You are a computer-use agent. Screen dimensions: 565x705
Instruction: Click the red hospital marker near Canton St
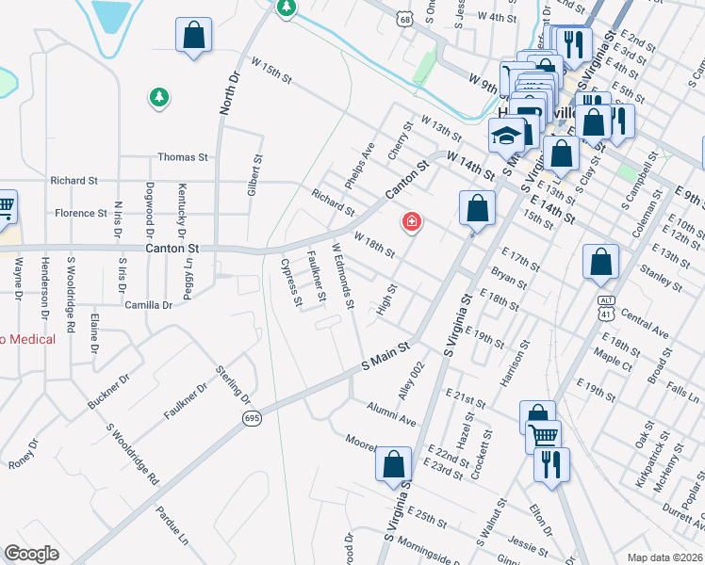tap(411, 221)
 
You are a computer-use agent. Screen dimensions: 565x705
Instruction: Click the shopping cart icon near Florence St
tap(5, 205)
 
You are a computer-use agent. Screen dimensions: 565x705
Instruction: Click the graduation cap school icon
tap(506, 137)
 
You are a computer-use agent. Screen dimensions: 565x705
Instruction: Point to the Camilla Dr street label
tap(149, 305)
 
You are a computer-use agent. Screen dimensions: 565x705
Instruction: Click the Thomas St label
tap(182, 157)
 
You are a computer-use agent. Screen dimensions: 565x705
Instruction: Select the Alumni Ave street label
tap(391, 412)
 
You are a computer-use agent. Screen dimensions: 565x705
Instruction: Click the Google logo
tap(32, 554)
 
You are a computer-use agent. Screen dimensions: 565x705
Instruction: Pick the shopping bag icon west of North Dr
tap(193, 36)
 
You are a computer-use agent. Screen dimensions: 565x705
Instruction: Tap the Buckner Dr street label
tap(107, 394)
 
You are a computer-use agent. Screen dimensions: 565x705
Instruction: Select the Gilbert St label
tap(253, 176)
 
